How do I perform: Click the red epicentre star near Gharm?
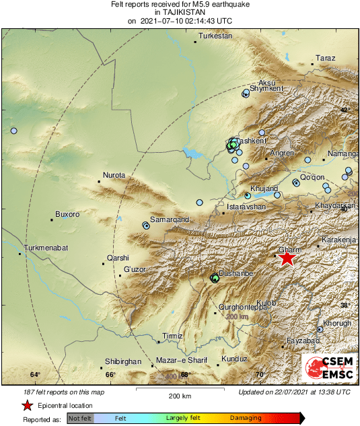pyautogui.click(x=287, y=258)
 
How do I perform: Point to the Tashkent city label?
pyautogui.click(x=250, y=141)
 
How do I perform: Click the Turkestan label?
pyautogui.click(x=215, y=36)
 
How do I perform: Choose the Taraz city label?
pyautogui.click(x=326, y=59)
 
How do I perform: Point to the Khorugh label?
pyautogui.click(x=337, y=324)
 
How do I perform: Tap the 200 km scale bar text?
pyautogui.click(x=180, y=396)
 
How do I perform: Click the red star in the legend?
pyautogui.click(x=27, y=405)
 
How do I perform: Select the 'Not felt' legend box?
pyautogui.click(x=80, y=418)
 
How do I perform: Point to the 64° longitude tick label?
pyautogui.click(x=36, y=375)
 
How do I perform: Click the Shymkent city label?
pyautogui.click(x=265, y=88)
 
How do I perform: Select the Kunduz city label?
pyautogui.click(x=234, y=360)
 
